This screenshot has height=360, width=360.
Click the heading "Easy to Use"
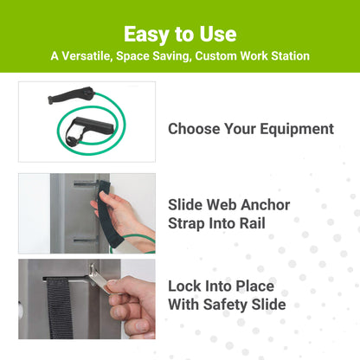180,34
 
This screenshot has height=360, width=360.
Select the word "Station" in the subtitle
284,56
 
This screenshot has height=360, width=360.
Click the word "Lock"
186,286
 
